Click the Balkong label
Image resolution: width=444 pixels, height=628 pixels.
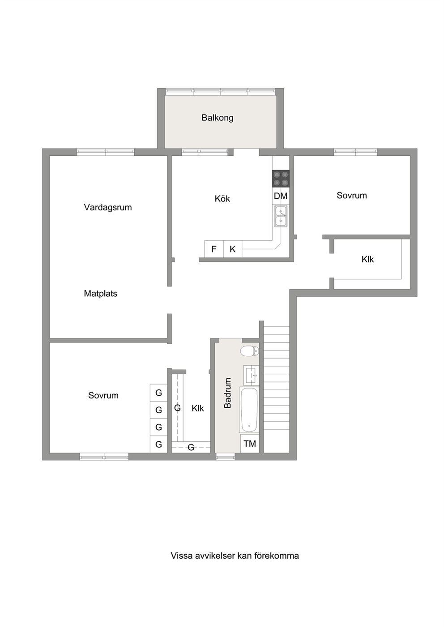(x=217, y=118)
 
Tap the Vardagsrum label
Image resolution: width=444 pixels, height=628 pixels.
(x=108, y=207)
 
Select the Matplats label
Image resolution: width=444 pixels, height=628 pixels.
(x=100, y=294)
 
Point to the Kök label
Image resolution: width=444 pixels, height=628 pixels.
(x=222, y=198)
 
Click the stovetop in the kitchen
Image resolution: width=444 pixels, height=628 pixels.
(x=281, y=179)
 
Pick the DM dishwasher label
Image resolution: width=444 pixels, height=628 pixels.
(x=281, y=196)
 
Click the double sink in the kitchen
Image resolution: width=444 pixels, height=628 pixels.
(x=281, y=216)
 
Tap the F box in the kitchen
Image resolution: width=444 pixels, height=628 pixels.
(x=214, y=249)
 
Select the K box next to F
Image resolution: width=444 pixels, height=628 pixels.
(x=233, y=249)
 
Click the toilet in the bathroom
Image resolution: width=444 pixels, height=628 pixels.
(x=249, y=351)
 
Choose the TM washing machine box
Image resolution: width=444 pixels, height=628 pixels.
(x=250, y=444)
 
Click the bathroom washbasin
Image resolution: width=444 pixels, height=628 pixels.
(x=251, y=375)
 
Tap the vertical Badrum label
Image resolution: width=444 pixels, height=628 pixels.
(x=228, y=393)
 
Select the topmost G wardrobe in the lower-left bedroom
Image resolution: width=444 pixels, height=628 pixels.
(x=158, y=393)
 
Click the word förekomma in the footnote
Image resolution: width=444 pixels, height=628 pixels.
(x=276, y=555)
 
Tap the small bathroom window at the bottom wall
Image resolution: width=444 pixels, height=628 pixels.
(x=226, y=457)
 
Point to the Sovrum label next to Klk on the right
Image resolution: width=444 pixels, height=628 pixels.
(x=352, y=196)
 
